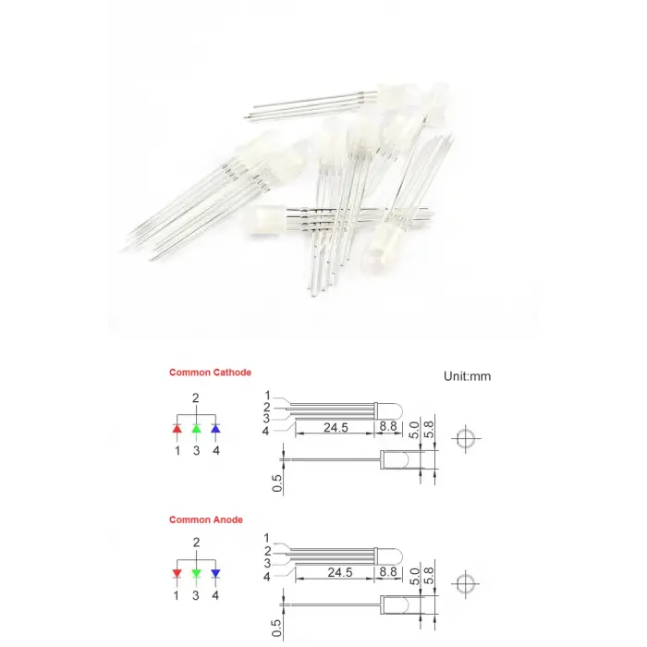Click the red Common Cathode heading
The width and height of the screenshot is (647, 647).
pyautogui.click(x=210, y=372)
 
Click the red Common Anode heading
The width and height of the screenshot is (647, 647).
pyautogui.click(x=206, y=519)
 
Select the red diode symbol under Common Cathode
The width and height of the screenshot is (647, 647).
pyautogui.click(x=177, y=429)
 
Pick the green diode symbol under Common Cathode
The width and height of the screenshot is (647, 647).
pyautogui.click(x=196, y=429)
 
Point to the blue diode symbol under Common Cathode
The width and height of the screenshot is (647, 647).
pyautogui.click(x=214, y=429)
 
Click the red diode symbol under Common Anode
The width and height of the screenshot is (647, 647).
pyautogui.click(x=177, y=573)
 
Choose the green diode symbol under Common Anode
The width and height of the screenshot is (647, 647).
pyautogui.click(x=196, y=573)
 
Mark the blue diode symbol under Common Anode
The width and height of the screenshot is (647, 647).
pyautogui.click(x=214, y=573)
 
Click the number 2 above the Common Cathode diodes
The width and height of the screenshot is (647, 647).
pyautogui.click(x=196, y=398)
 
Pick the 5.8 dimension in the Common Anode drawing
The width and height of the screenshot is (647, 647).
pyautogui.click(x=428, y=575)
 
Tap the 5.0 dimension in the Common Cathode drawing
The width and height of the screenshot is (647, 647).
pyautogui.click(x=415, y=431)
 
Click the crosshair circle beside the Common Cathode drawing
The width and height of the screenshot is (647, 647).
pyautogui.click(x=467, y=439)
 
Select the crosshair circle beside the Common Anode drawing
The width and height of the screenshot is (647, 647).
pyautogui.click(x=467, y=583)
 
